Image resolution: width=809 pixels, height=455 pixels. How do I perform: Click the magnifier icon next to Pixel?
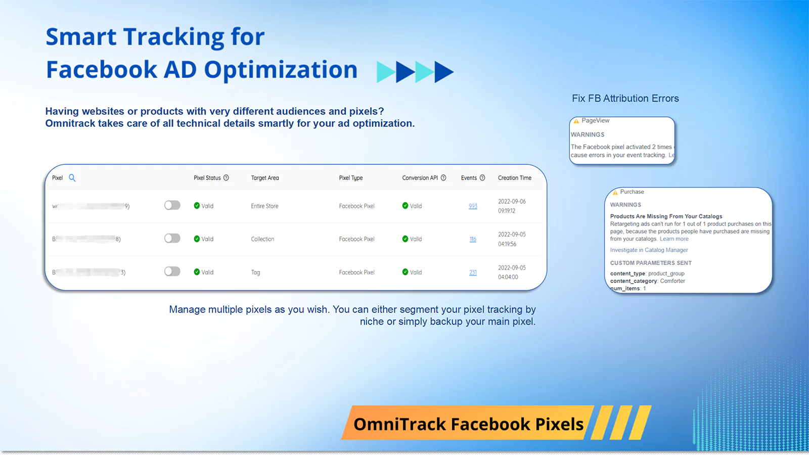click(x=72, y=178)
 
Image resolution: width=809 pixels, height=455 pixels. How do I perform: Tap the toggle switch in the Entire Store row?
click(x=172, y=205)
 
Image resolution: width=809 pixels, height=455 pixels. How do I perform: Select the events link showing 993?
click(x=473, y=206)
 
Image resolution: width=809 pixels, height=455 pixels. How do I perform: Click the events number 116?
click(x=473, y=239)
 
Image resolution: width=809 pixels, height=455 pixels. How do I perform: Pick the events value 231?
click(x=473, y=272)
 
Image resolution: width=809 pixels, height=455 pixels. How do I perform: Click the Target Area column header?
click(x=264, y=178)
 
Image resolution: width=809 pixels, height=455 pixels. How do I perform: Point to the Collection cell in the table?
click(x=262, y=239)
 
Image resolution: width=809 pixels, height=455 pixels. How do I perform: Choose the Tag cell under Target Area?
click(x=255, y=272)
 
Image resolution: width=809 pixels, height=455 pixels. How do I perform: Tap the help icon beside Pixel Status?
click(x=226, y=178)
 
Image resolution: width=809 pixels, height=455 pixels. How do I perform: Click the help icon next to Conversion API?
click(x=443, y=178)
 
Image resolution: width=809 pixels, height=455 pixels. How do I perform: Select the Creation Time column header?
click(x=514, y=178)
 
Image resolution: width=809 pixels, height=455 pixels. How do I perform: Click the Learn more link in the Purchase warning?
click(x=673, y=239)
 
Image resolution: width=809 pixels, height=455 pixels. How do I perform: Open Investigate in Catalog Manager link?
click(x=649, y=250)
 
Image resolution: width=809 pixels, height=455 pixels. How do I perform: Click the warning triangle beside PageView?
click(x=576, y=121)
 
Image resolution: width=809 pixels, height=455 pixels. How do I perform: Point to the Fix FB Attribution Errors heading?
click(x=625, y=99)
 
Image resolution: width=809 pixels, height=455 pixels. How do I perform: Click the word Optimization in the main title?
click(x=281, y=70)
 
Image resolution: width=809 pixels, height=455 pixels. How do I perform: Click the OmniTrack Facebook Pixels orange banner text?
click(x=468, y=424)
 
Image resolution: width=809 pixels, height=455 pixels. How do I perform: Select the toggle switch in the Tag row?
click(x=172, y=271)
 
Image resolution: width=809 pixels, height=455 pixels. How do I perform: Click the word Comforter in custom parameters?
click(x=672, y=281)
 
